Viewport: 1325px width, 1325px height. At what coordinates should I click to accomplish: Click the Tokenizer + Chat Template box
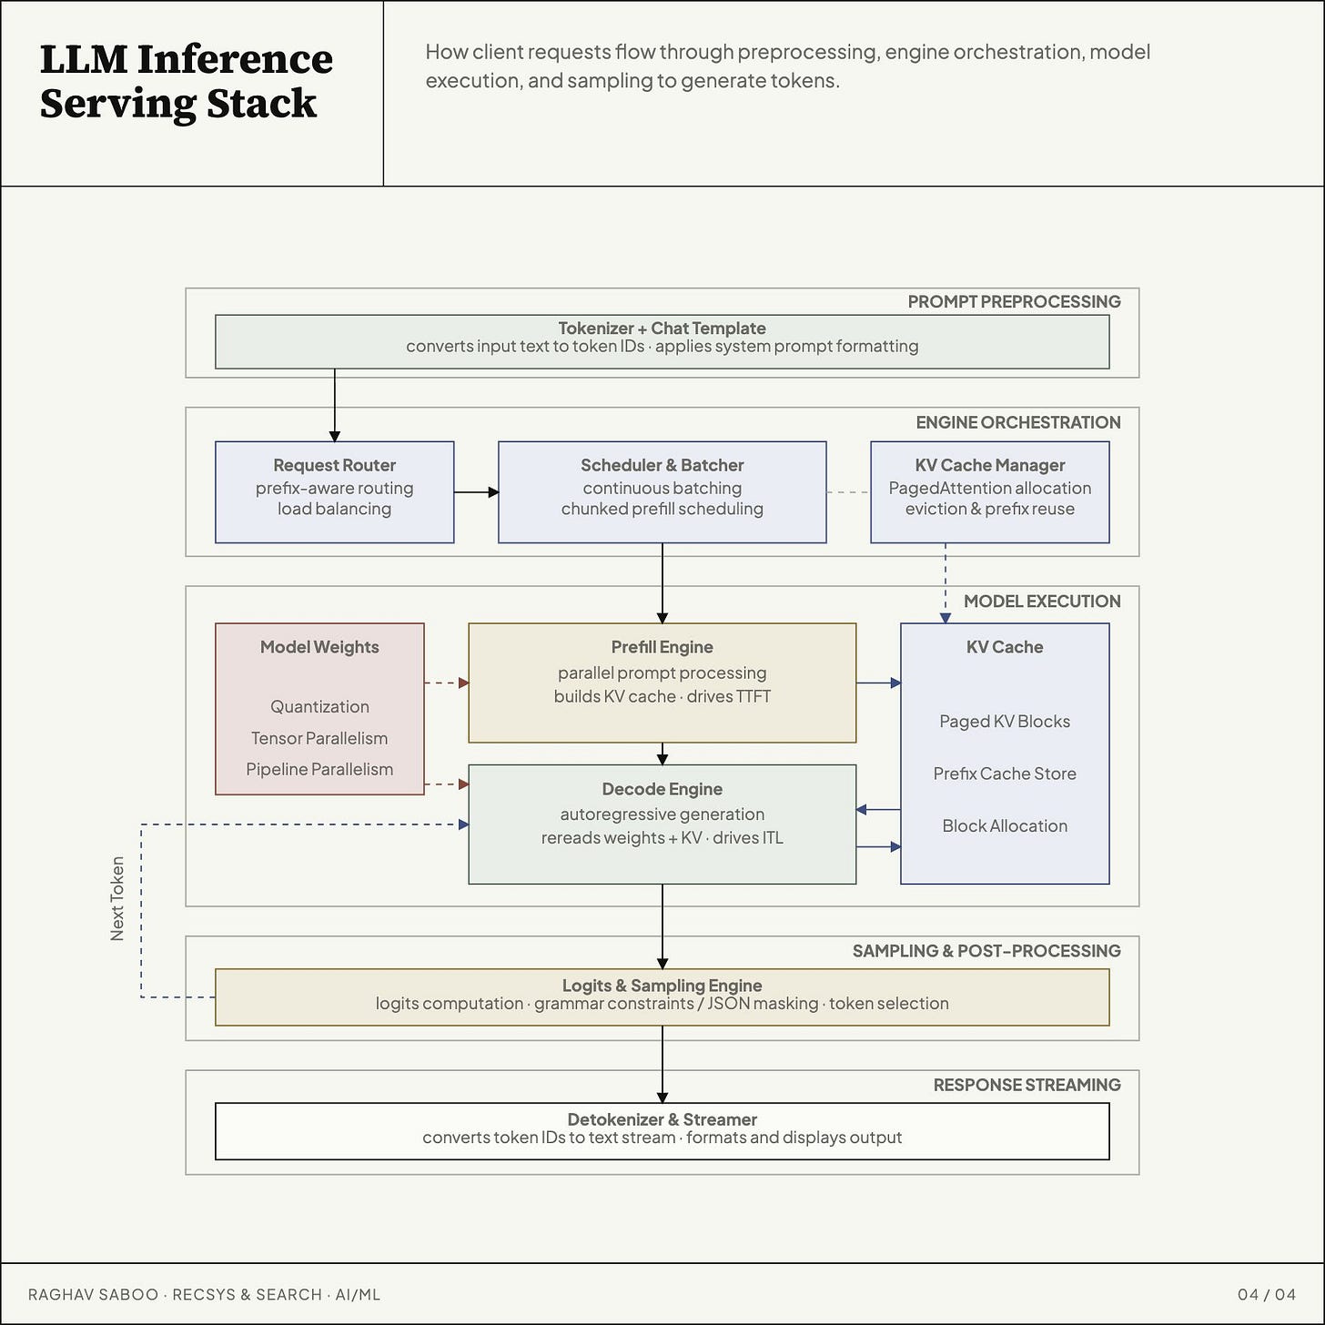(x=662, y=342)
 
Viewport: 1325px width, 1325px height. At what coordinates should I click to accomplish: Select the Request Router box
(x=334, y=492)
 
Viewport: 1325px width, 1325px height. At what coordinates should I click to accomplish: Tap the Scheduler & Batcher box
(x=662, y=492)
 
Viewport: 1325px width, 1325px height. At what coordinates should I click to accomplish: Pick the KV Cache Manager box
(x=989, y=492)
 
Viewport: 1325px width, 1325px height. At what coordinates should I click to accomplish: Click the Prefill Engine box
(x=662, y=683)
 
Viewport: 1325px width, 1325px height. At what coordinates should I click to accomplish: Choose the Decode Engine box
(x=662, y=824)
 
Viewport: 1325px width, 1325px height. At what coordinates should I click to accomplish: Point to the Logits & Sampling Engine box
(x=662, y=997)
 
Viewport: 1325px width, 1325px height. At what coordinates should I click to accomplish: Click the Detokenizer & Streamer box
(x=662, y=1131)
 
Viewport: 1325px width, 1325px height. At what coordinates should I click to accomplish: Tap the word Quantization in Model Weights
(x=319, y=707)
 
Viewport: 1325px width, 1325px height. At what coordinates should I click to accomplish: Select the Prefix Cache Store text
(x=1005, y=774)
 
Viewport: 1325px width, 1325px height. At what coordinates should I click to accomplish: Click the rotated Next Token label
(x=117, y=898)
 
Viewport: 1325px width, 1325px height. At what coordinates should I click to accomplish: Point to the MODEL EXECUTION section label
(x=1042, y=601)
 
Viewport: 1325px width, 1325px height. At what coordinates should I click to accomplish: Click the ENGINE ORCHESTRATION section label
(x=1017, y=422)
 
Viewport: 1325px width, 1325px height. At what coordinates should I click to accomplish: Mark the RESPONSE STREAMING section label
(x=1027, y=1085)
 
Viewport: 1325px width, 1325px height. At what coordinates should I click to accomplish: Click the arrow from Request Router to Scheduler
(x=477, y=492)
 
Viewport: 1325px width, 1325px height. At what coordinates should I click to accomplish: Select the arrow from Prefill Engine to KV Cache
(x=879, y=683)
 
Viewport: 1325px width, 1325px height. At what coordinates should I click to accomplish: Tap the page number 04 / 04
(x=1267, y=1294)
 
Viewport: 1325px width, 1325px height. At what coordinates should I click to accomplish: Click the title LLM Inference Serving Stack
(x=186, y=81)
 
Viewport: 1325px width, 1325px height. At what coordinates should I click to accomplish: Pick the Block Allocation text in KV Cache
(x=1005, y=825)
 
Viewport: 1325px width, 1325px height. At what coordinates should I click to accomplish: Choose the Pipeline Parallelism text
(x=319, y=769)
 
